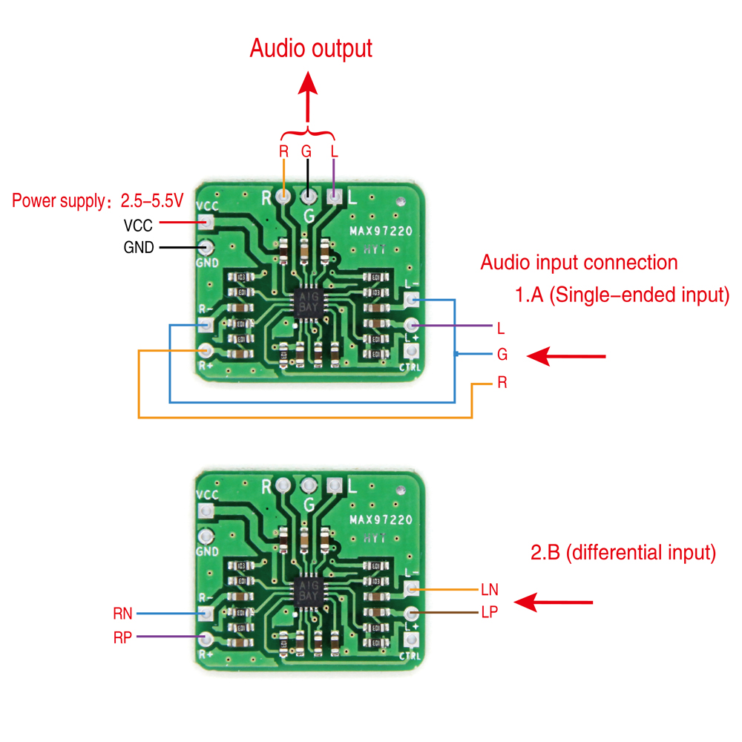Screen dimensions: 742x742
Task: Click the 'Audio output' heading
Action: pyautogui.click(x=310, y=49)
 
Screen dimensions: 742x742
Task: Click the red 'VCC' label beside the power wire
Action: pyautogui.click(x=138, y=226)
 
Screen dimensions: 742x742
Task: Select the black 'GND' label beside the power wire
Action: pyautogui.click(x=139, y=248)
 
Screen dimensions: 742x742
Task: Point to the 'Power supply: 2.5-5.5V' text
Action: pyautogui.click(x=96, y=200)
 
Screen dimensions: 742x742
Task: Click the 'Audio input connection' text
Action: pyautogui.click(x=579, y=263)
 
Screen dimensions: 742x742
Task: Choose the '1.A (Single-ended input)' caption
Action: pyautogui.click(x=623, y=295)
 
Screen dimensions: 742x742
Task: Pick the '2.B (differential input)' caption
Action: pyautogui.click(x=623, y=553)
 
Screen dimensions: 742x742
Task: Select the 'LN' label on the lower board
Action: pyautogui.click(x=490, y=591)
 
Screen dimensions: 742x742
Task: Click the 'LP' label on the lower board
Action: pyautogui.click(x=490, y=612)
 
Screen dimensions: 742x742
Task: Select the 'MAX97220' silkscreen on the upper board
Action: pyautogui.click(x=381, y=232)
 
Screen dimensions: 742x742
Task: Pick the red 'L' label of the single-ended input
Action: pyautogui.click(x=502, y=327)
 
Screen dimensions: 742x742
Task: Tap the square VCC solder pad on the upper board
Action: pyautogui.click(x=207, y=221)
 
